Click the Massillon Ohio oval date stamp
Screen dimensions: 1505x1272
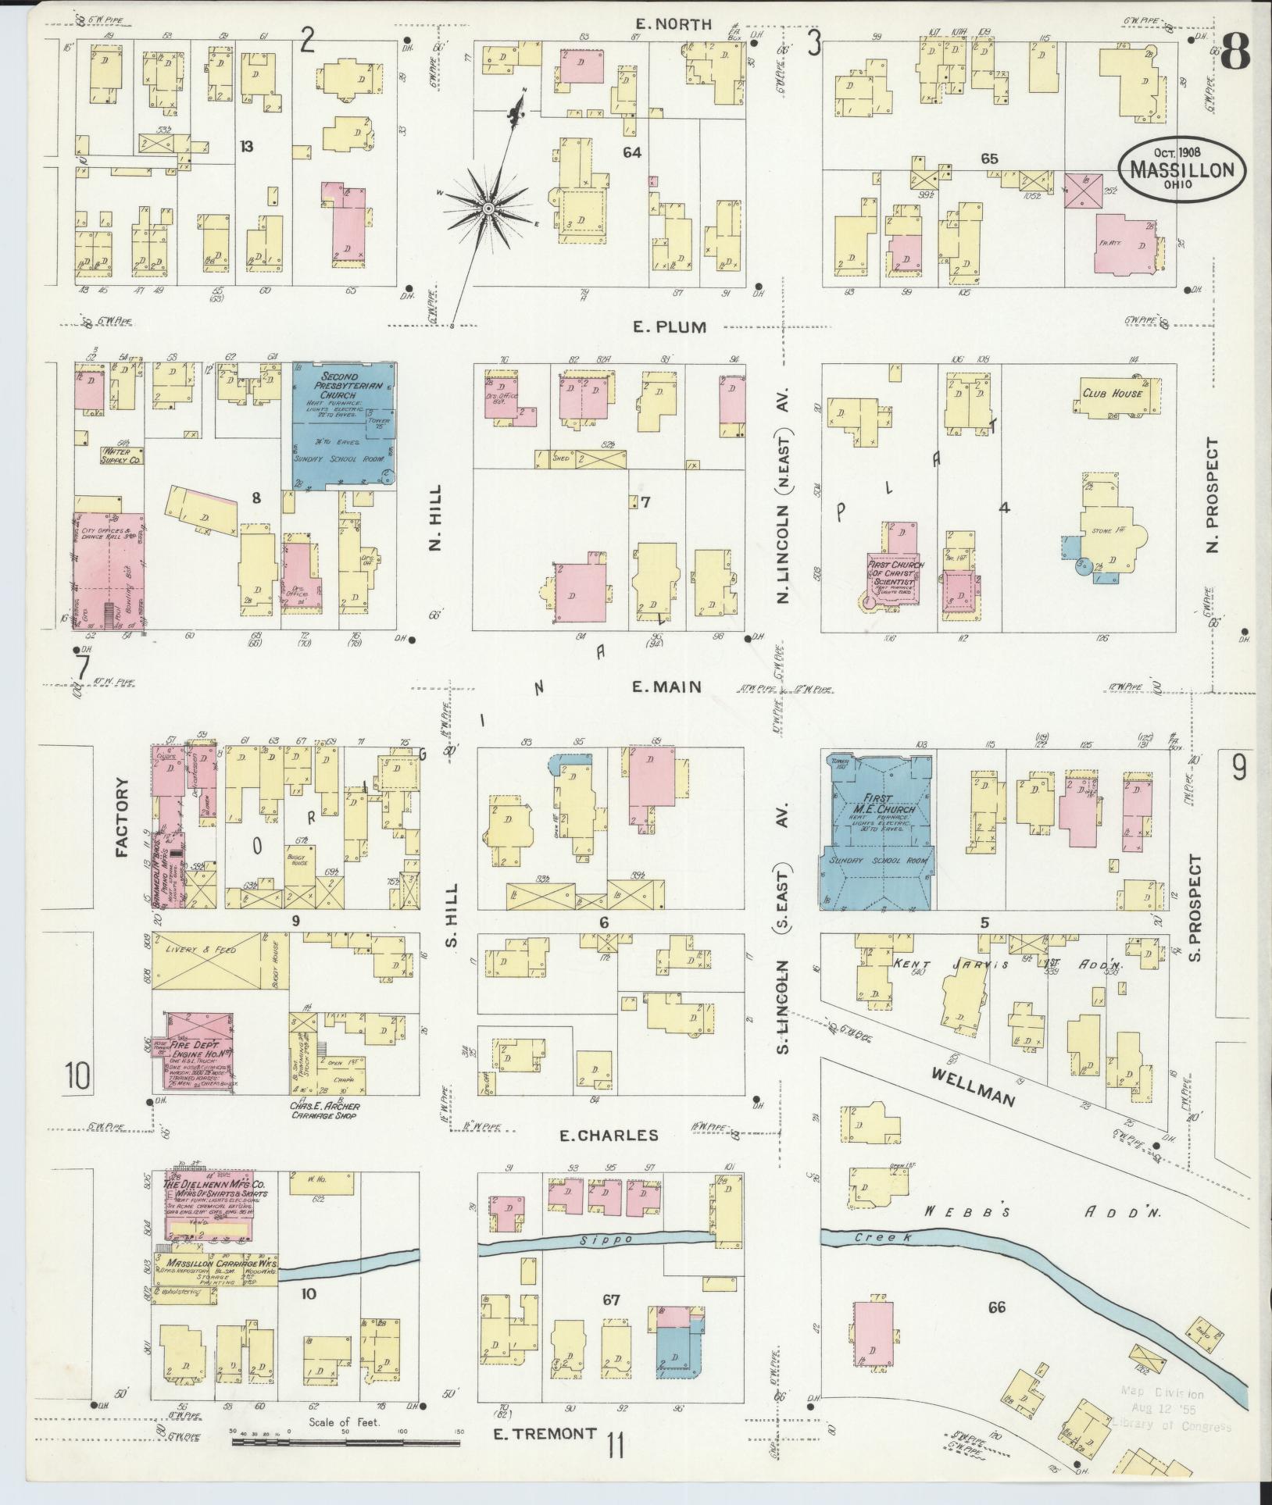point(1181,169)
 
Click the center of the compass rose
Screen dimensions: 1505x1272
point(488,209)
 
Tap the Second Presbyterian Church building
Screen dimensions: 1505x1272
point(344,426)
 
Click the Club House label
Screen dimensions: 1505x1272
point(1112,393)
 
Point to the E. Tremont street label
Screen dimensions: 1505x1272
point(545,1433)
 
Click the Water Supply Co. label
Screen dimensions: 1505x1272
point(123,456)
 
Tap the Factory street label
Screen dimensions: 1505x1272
point(122,818)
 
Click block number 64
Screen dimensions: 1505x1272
point(631,152)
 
